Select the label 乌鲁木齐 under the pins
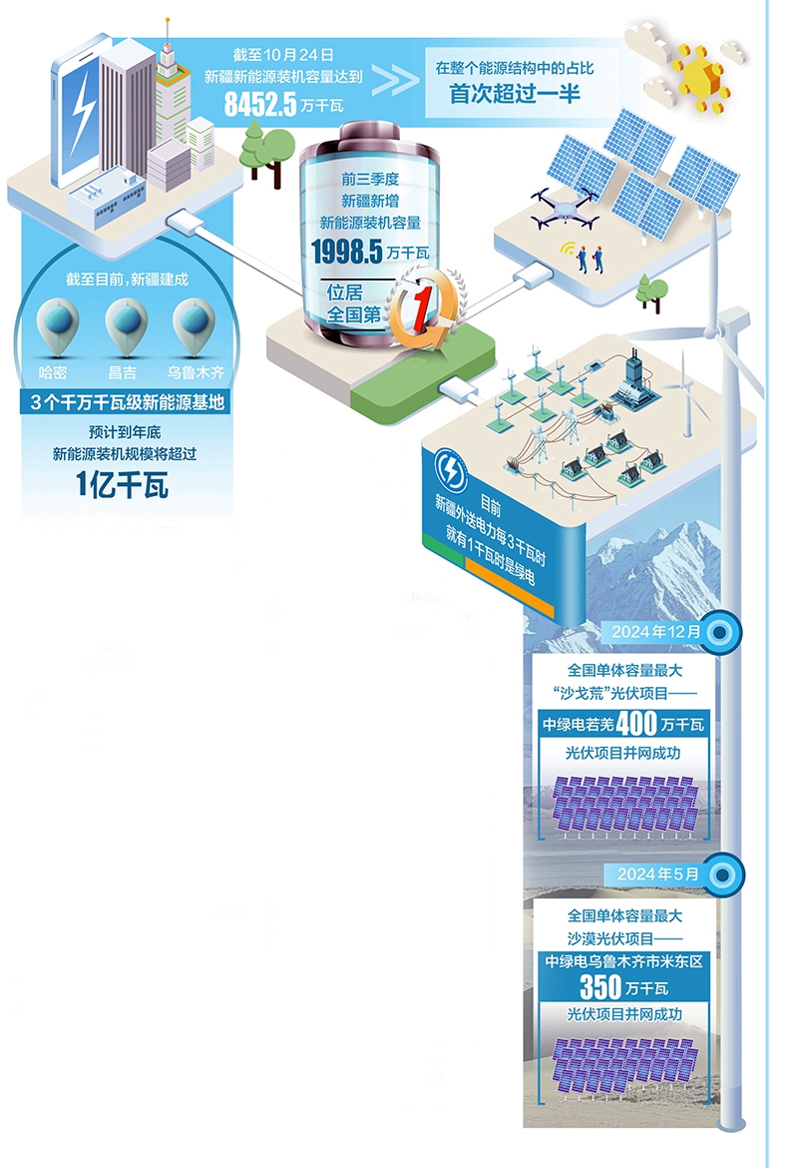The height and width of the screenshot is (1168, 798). tap(195, 373)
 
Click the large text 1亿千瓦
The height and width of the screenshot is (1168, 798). tap(124, 485)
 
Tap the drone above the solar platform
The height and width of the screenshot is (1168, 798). tap(565, 205)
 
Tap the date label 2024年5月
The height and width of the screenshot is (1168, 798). tap(659, 874)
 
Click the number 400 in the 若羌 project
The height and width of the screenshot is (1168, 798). tap(636, 724)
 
